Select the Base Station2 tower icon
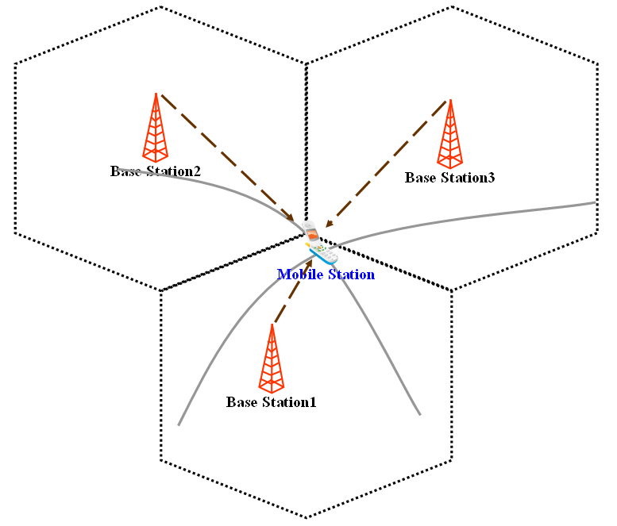pyautogui.click(x=156, y=127)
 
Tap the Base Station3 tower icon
pyautogui.click(x=450, y=132)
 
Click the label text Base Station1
pyautogui.click(x=271, y=402)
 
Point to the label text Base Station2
pyautogui.click(x=156, y=171)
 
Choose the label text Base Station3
pyautogui.click(x=449, y=178)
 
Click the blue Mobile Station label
pyautogui.click(x=326, y=275)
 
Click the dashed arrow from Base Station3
pyautogui.click(x=388, y=162)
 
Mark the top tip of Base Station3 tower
pyautogui.click(x=450, y=100)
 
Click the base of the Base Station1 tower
pyautogui.click(x=272, y=390)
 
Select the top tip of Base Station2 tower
pyautogui.click(x=156, y=94)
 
